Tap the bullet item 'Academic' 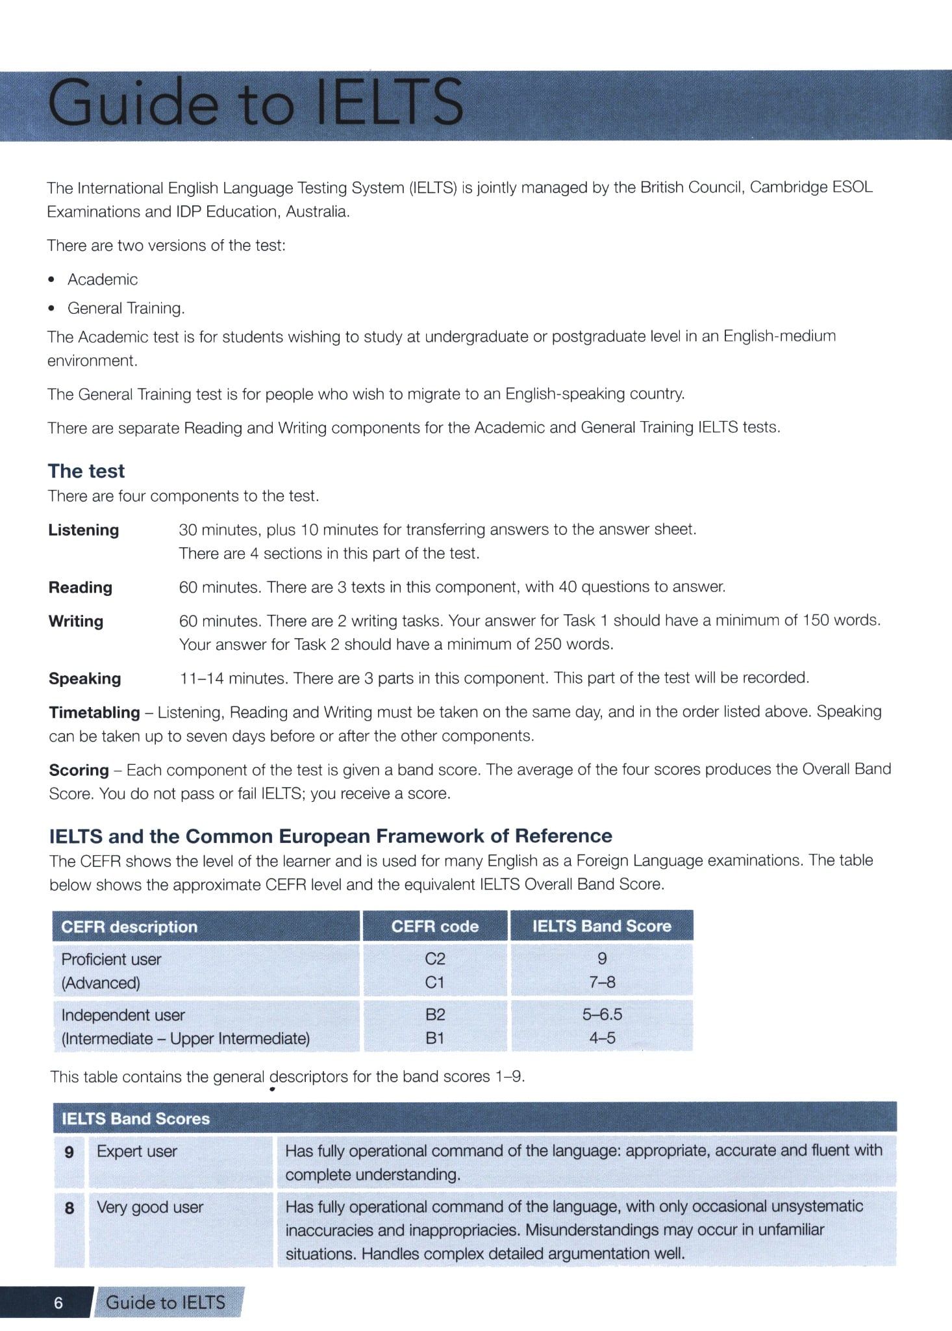click(x=103, y=279)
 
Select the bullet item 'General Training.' click(x=126, y=308)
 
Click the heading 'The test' click(x=86, y=471)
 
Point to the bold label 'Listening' click(x=84, y=530)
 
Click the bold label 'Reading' click(x=81, y=588)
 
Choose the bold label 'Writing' click(x=76, y=621)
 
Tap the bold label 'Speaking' click(x=85, y=678)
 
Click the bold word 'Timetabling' click(x=95, y=712)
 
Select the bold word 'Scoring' click(x=79, y=770)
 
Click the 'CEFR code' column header click(x=434, y=926)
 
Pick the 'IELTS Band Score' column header click(x=601, y=926)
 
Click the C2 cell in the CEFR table click(x=434, y=959)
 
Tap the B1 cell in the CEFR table click(x=434, y=1039)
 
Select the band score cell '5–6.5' click(x=602, y=1014)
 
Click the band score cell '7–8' click(x=602, y=983)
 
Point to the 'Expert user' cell click(x=137, y=1152)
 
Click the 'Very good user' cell click(x=150, y=1208)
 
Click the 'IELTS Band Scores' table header click(x=136, y=1119)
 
